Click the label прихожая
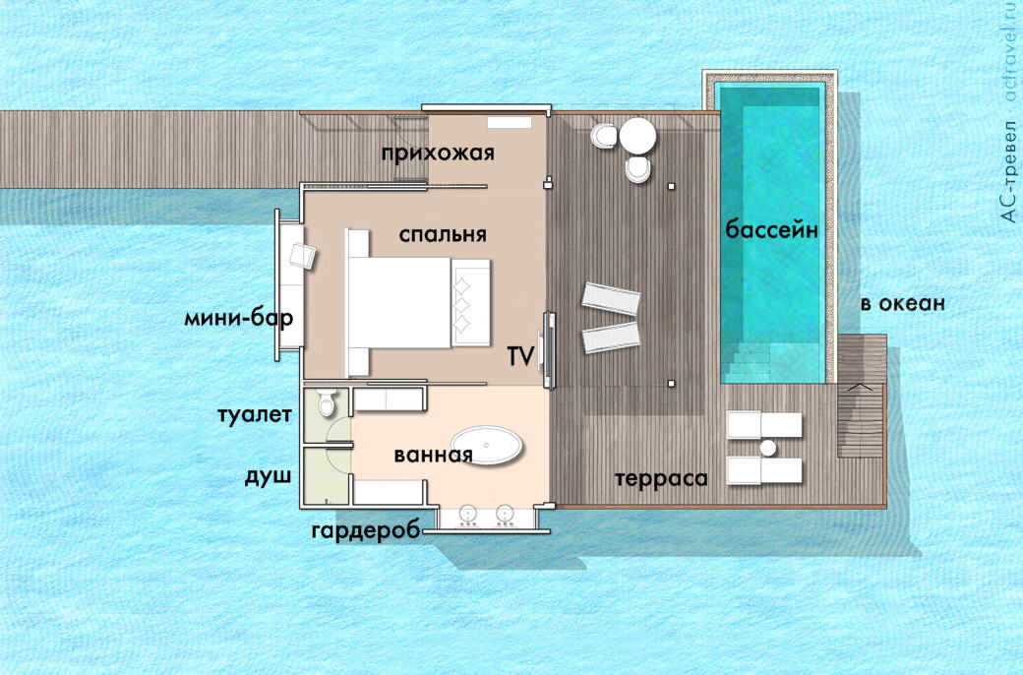click(438, 153)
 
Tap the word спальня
click(443, 234)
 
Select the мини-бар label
click(239, 319)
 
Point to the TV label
click(520, 356)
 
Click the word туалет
click(255, 415)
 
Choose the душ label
click(268, 476)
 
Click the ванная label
click(433, 455)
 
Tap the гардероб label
click(366, 530)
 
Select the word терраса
click(661, 479)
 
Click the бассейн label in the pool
click(772, 230)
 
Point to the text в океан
click(902, 304)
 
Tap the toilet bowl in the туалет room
click(327, 402)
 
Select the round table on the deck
click(637, 136)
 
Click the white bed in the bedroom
click(417, 303)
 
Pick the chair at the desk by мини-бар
click(302, 255)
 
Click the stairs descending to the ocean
click(861, 420)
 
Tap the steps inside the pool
click(748, 362)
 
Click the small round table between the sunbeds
click(768, 448)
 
